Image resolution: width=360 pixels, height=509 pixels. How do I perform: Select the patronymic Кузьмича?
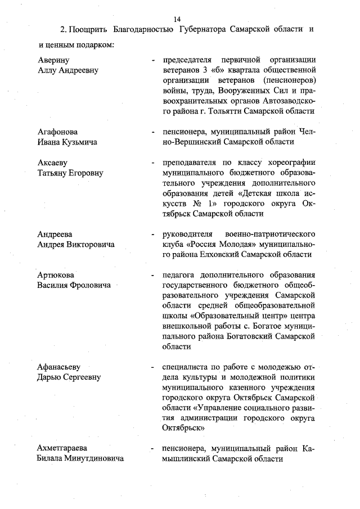click(x=82, y=142)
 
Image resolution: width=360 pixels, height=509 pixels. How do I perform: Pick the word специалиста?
click(x=186, y=367)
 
